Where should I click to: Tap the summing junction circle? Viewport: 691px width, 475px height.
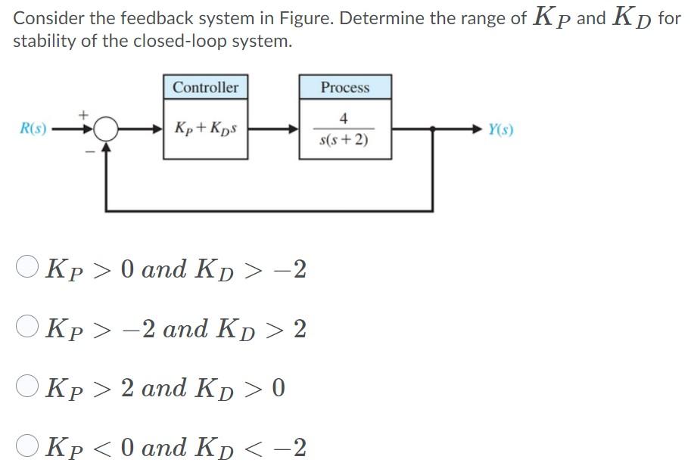[107, 129]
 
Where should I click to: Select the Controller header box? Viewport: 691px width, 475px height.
[205, 87]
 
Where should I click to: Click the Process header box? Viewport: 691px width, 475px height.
[345, 87]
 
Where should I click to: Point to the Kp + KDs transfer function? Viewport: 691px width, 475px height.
[205, 128]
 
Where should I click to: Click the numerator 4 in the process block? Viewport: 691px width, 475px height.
[344, 118]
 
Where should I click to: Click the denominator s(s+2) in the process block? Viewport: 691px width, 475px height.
[344, 140]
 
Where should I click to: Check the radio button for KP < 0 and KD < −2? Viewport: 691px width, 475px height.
[27, 446]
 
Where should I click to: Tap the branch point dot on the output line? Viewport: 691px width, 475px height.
[432, 129]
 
